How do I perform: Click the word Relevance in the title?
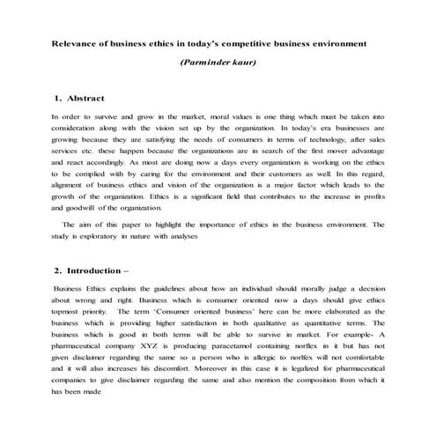[76, 41]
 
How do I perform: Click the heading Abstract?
[85, 99]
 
